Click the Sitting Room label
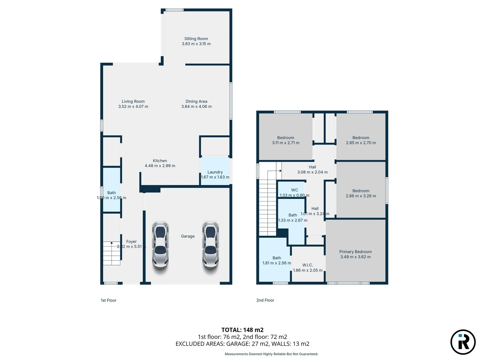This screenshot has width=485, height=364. coord(196,39)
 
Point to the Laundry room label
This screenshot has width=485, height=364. coord(215,172)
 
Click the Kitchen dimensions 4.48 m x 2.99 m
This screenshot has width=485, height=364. coord(160,166)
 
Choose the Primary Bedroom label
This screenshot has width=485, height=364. coord(355,252)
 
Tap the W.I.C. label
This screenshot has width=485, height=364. coord(308,265)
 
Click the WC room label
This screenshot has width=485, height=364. coord(294,190)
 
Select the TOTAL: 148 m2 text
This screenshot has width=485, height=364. coord(243,330)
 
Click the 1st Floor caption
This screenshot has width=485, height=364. coord(108,300)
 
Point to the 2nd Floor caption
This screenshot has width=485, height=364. coord(265,300)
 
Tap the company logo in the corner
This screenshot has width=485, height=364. coord(463,342)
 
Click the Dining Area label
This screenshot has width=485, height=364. coord(196,101)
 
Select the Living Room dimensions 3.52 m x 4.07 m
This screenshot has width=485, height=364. coord(133,107)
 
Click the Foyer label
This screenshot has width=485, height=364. coord(131,242)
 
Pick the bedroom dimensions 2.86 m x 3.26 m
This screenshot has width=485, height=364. coord(361,196)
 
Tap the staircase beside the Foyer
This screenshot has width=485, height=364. coord(111,253)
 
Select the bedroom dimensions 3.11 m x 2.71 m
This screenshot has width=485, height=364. coord(286,143)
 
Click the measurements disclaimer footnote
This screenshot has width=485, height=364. coord(271,354)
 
